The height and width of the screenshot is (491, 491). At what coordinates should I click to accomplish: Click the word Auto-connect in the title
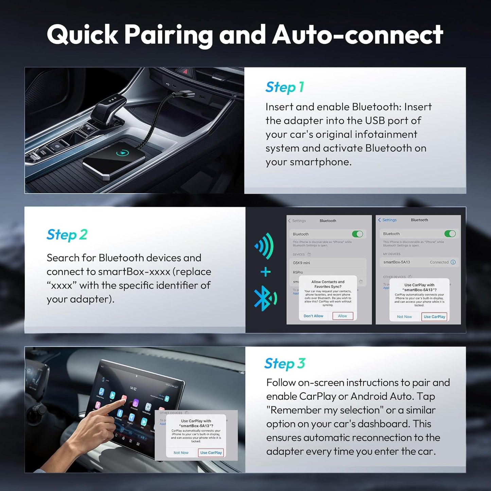click(357, 35)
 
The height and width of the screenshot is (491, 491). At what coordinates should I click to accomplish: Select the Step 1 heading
click(284, 87)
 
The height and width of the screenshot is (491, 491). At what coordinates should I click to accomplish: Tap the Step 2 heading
click(67, 235)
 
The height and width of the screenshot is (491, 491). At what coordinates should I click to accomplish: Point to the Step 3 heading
click(285, 364)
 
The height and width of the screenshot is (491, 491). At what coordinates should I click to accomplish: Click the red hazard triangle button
click(186, 71)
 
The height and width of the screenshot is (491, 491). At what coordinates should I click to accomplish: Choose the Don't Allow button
click(313, 316)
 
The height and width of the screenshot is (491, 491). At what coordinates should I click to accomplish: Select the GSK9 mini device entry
click(301, 263)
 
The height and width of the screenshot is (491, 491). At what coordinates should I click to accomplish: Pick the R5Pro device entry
click(298, 272)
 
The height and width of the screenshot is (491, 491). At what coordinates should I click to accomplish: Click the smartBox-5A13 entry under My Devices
click(397, 262)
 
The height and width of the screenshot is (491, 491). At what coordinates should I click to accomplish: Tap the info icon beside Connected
click(453, 262)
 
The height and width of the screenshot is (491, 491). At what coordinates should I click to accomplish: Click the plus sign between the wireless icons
click(265, 272)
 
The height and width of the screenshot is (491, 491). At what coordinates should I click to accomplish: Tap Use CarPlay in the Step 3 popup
click(211, 453)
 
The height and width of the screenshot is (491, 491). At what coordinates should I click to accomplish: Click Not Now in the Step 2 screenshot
click(404, 317)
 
